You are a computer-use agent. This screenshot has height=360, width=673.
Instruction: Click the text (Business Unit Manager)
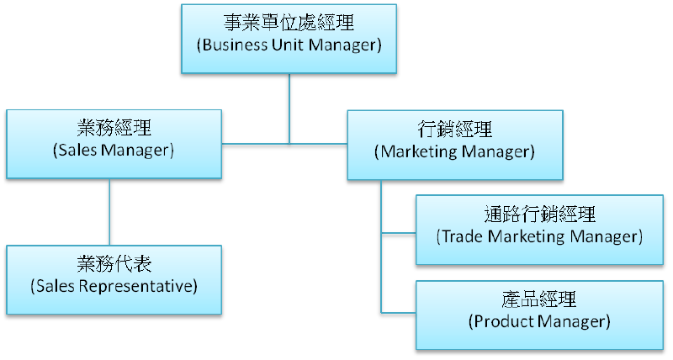coord(289,44)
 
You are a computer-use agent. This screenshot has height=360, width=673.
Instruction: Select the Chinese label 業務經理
coord(114,130)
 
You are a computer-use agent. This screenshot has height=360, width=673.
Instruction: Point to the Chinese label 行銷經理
coord(455,131)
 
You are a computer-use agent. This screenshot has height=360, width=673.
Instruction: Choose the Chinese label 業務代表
coord(114,266)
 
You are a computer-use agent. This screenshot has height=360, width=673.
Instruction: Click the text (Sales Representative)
coord(114,286)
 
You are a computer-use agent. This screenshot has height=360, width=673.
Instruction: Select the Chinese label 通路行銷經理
coord(539,215)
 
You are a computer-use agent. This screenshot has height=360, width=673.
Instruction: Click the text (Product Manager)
coord(539,320)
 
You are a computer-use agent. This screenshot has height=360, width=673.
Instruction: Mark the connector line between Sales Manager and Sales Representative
coord(109,211)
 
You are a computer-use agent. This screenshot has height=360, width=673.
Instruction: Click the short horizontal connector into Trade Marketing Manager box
coord(399,231)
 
